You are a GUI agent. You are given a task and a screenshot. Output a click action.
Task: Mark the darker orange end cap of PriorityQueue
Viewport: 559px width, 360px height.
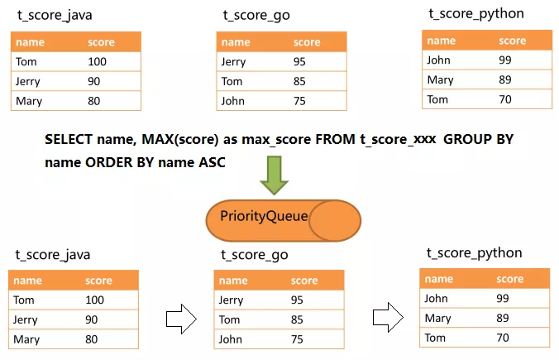[337, 218]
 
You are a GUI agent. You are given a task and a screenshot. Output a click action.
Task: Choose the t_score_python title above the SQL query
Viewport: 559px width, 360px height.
[475, 14]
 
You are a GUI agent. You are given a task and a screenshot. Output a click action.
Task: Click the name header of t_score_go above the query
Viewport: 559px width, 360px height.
[236, 42]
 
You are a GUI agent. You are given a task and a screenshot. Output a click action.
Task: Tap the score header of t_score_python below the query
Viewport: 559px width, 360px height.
[510, 279]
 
